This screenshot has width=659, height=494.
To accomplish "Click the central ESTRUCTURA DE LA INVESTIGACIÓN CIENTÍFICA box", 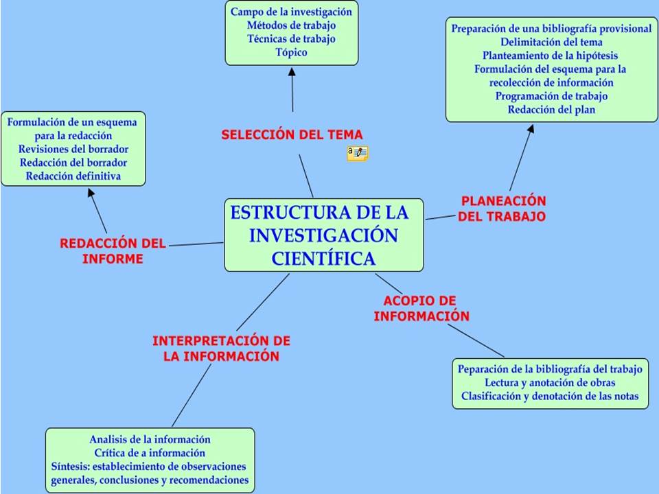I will tap(323, 235).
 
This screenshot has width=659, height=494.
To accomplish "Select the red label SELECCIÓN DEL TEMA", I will tap(292, 134).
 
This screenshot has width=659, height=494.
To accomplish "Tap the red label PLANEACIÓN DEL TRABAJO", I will tap(502, 209).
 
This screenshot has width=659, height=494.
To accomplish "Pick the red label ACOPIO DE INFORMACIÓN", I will tap(421, 309).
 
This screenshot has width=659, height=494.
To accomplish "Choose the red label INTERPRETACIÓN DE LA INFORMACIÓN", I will tap(221, 349).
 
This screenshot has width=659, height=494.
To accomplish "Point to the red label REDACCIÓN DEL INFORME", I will tap(113, 250).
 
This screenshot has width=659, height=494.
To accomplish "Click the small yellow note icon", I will tap(358, 153).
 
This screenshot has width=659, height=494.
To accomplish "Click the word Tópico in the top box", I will tap(292, 52).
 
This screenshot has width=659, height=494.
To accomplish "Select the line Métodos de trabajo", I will tap(292, 25).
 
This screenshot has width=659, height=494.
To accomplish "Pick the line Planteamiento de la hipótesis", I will tap(550, 56).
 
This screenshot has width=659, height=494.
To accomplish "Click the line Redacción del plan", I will tap(551, 109).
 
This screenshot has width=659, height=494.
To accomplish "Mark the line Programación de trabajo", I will tap(551, 96).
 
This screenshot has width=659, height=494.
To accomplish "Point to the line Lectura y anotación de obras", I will tap(550, 382).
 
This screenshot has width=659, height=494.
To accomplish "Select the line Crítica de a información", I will tap(150, 453).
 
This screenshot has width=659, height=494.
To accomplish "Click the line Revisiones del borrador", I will tap(73, 149).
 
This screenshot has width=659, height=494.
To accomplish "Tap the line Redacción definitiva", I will tap(73, 176).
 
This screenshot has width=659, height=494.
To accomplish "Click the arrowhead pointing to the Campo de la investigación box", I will tap(291, 71).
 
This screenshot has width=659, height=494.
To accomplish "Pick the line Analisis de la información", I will tap(150, 439).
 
